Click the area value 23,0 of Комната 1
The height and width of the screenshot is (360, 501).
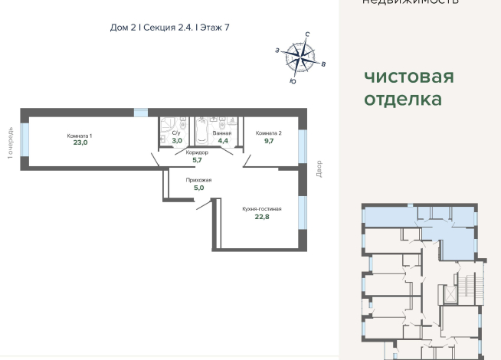[80, 142]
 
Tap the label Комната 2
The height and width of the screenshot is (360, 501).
[269, 133]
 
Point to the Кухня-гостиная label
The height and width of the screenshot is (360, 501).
[263, 208]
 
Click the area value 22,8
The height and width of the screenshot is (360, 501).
[263, 217]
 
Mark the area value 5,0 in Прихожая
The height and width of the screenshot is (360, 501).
[199, 188]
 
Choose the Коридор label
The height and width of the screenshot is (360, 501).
[197, 152]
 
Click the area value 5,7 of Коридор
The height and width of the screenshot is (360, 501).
[197, 160]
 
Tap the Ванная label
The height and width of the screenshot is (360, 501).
[223, 133]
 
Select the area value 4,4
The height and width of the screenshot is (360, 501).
[223, 142]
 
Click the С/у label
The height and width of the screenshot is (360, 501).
[175, 133]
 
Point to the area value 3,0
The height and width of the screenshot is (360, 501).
[176, 142]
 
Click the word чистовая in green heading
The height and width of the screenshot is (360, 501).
[408, 77]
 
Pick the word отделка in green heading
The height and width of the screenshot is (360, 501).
[403, 100]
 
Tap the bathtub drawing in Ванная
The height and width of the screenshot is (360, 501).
[201, 131]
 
